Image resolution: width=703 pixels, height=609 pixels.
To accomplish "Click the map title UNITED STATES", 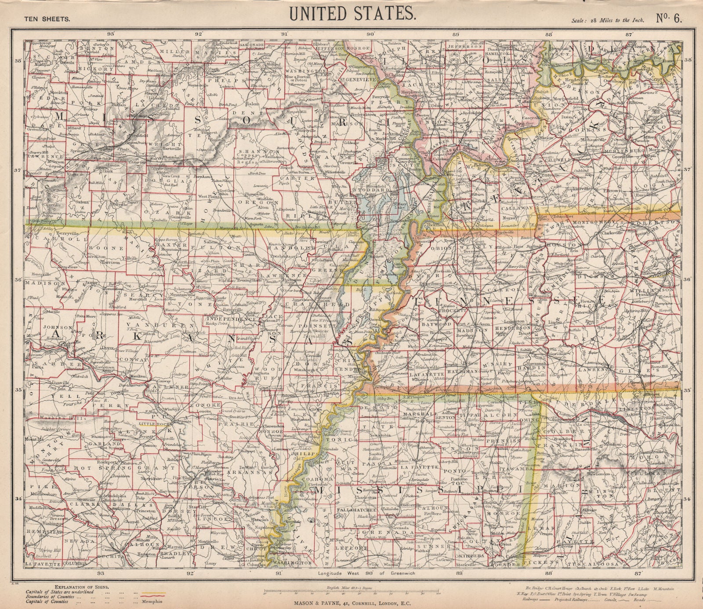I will click(x=351, y=14).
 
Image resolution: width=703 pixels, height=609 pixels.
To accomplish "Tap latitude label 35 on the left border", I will click(x=18, y=390).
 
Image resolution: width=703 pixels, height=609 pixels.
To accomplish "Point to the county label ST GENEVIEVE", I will click(x=353, y=80).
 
